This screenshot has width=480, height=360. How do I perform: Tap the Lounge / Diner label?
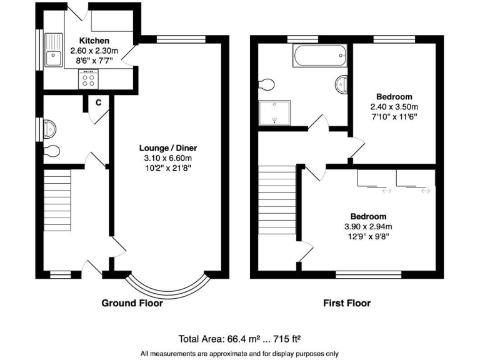point(168,148)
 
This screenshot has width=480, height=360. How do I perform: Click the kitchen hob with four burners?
point(88,79)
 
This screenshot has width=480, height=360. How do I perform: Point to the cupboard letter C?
point(98,102)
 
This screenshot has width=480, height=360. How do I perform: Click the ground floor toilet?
point(53,151)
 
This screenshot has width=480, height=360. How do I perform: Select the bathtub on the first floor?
point(319,56)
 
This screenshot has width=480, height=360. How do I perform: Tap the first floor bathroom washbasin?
point(342,84)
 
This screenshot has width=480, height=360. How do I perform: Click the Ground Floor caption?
point(132,303)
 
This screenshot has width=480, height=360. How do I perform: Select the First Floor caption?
point(346,303)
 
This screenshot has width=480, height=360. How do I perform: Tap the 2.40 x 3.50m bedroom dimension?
point(393,106)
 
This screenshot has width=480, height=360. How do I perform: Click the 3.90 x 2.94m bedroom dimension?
point(367,226)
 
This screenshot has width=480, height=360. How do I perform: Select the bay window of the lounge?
point(167,287)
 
